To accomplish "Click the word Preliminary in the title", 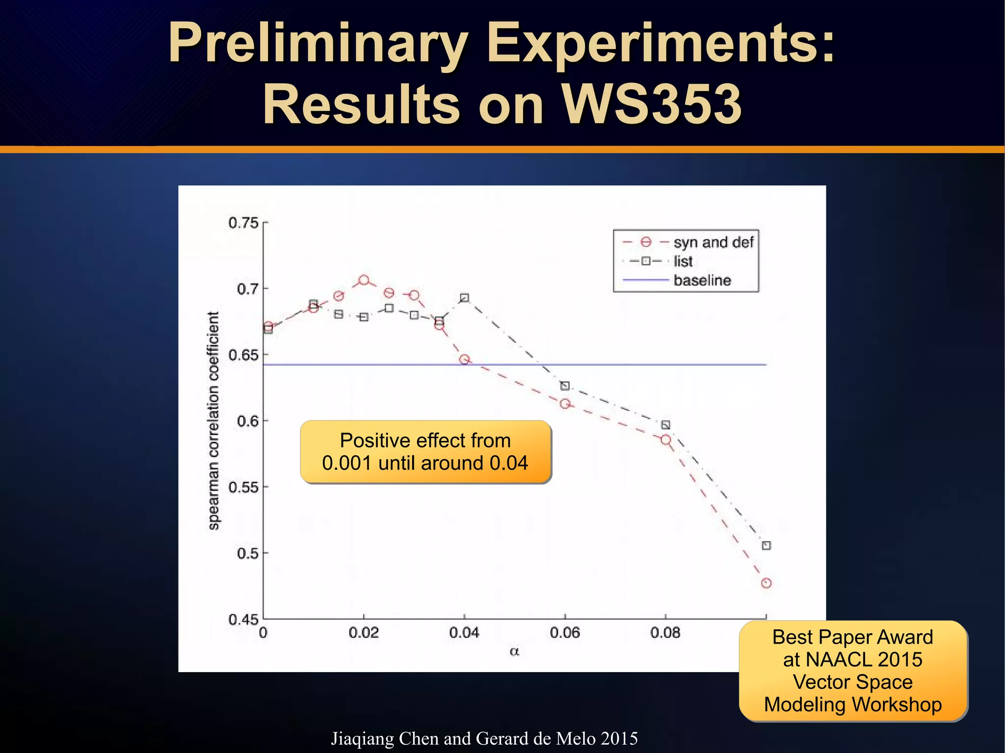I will coord(318,44).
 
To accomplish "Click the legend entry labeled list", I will coord(683,261).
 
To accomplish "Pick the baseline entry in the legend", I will coord(702,281).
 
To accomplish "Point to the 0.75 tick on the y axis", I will coord(243,223).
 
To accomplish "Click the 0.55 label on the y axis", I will coord(243,487).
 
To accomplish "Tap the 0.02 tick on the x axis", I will coord(364,633).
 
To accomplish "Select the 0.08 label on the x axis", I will coord(665,633).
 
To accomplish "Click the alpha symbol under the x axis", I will coord(514,652).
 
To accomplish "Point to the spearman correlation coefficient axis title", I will coord(213,421).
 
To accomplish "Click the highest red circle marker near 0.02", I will coord(364,281).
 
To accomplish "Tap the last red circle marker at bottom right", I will coord(766,583).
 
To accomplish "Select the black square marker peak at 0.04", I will coord(464,298).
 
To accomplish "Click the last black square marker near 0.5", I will coord(766,545).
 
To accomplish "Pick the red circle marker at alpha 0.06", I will coord(565,404).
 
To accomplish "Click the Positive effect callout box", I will coord(425,452).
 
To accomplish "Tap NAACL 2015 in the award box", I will coord(852,659).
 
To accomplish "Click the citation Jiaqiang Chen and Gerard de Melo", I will coord(484,738).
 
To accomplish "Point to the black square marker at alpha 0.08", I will coord(665,425).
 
